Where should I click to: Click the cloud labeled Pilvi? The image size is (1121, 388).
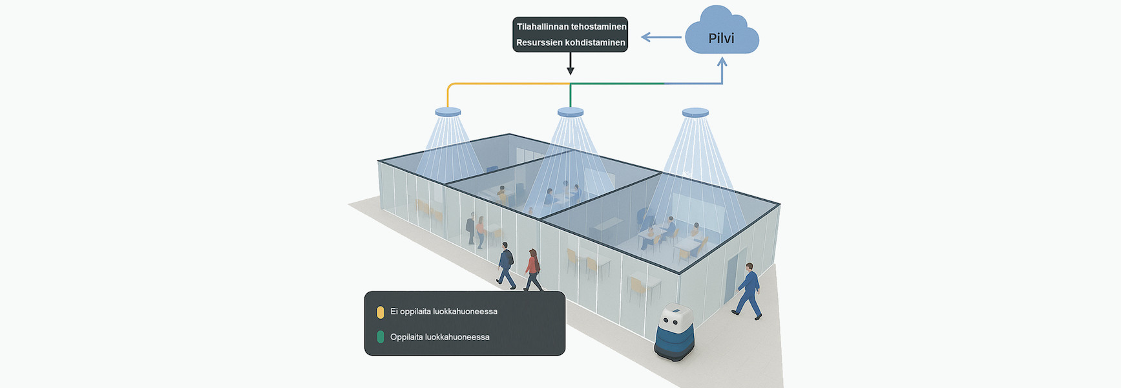(721, 36)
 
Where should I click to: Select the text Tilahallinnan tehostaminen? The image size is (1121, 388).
(571, 27)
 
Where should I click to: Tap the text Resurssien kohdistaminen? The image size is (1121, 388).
(571, 43)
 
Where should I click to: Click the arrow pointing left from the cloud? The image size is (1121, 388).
(660, 38)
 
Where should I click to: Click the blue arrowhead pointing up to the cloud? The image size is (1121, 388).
(722, 63)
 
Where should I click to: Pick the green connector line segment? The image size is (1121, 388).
(617, 83)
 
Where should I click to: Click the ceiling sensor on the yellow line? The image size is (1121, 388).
(448, 113)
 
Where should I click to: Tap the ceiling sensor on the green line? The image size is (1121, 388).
(571, 113)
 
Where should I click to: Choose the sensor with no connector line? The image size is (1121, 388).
(695, 113)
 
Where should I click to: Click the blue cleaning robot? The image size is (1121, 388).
(675, 331)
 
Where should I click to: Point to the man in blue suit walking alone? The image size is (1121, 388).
(748, 291)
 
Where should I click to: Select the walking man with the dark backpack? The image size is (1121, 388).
(506, 265)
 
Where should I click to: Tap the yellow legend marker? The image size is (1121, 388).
(380, 312)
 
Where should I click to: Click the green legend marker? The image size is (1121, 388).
(380, 337)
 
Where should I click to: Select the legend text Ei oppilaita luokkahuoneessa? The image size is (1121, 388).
(443, 312)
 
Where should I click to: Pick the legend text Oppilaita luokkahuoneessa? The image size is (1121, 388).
(439, 337)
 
